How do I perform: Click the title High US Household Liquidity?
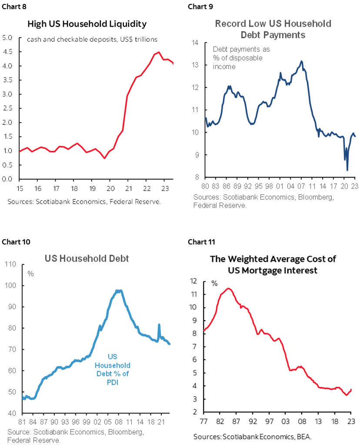[87, 23]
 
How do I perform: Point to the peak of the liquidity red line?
[159, 52]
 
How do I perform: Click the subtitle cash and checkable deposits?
[92, 40]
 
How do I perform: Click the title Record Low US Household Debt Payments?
[273, 29]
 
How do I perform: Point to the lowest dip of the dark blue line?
[347, 170]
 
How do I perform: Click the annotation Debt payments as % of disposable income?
[237, 58]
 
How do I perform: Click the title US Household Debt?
[87, 258]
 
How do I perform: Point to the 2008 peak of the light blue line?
[118, 291]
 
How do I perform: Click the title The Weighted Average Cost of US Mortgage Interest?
[273, 264]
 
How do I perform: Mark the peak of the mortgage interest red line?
[229, 288]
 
